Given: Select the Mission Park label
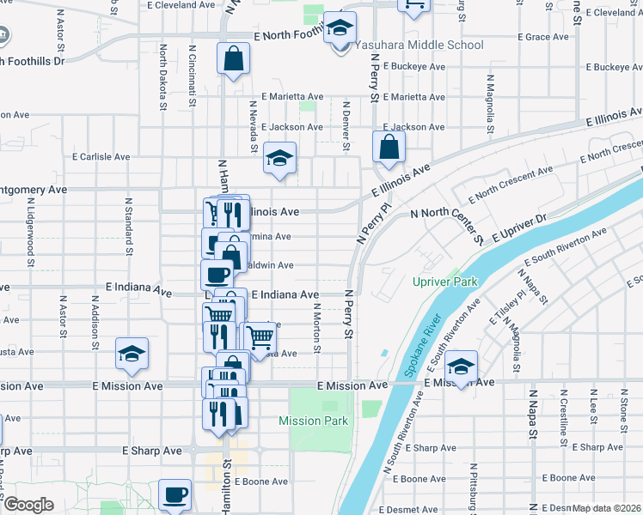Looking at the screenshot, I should coord(313,421).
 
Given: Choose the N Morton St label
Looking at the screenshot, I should coord(316,328).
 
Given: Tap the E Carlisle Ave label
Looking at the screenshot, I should coord(101,157).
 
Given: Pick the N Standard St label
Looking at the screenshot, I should coord(127,229).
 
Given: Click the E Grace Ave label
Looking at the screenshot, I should coord(543,37).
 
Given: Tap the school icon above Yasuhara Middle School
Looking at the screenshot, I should coord(340,28).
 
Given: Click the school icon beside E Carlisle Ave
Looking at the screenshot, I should coord(279,158).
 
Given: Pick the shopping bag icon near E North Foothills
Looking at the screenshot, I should coord(233,59).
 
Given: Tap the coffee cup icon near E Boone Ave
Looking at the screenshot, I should coord(175,494).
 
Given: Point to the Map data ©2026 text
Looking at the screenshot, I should coord(607,508).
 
